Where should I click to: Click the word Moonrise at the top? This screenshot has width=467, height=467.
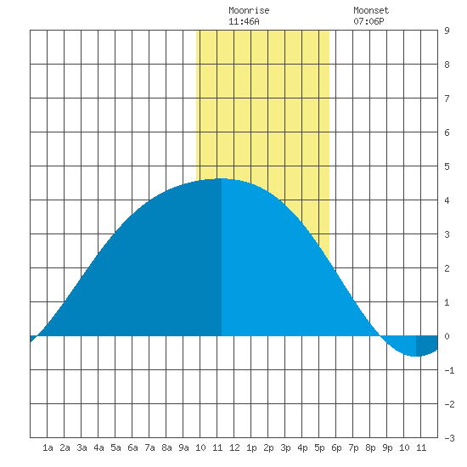(249, 10)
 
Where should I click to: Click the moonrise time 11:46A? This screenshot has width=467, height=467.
(244, 21)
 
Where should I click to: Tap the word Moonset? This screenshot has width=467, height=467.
(371, 10)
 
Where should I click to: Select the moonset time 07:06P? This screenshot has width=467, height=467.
(369, 21)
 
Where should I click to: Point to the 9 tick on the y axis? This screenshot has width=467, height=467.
(447, 31)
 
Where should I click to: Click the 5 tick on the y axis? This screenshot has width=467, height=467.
(447, 166)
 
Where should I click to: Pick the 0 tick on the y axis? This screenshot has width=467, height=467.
(447, 336)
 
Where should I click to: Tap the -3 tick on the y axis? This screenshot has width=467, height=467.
(449, 438)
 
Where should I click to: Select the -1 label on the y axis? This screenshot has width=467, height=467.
(449, 370)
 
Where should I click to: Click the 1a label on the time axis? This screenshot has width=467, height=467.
(48, 447)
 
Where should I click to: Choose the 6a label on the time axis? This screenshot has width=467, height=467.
(132, 447)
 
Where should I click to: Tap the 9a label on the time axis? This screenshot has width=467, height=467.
(183, 447)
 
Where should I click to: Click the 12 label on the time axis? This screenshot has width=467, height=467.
(234, 447)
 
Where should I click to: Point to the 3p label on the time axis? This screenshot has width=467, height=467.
(285, 447)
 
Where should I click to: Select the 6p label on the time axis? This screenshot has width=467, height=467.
(336, 447)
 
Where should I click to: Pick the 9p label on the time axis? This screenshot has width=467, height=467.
(387, 447)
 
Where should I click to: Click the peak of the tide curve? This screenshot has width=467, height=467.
(222, 178)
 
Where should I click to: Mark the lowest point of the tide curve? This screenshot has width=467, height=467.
(416, 356)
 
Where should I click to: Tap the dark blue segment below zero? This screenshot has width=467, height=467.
(426, 345)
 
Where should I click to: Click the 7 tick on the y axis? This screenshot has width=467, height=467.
(447, 98)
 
